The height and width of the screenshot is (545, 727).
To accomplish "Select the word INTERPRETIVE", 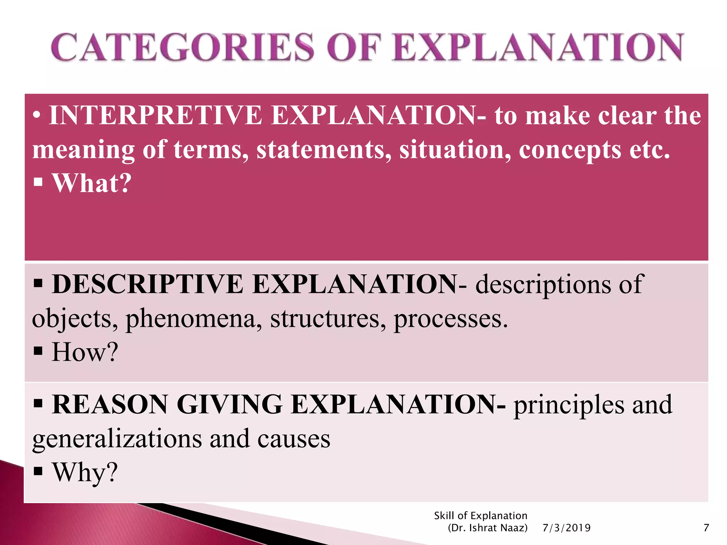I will click(155, 116).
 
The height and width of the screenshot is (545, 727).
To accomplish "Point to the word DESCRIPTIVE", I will click(147, 285).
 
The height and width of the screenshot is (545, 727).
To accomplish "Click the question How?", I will click(85, 352).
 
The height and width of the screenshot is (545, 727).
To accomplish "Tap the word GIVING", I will click(230, 404).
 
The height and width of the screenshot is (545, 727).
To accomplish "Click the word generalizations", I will click(117, 439).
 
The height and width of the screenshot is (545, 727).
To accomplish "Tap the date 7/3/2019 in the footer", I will click(567, 528).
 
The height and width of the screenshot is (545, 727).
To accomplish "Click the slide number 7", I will click(706, 528).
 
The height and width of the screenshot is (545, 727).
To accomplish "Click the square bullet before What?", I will click(38, 183).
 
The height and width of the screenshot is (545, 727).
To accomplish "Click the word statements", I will click(323, 150).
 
